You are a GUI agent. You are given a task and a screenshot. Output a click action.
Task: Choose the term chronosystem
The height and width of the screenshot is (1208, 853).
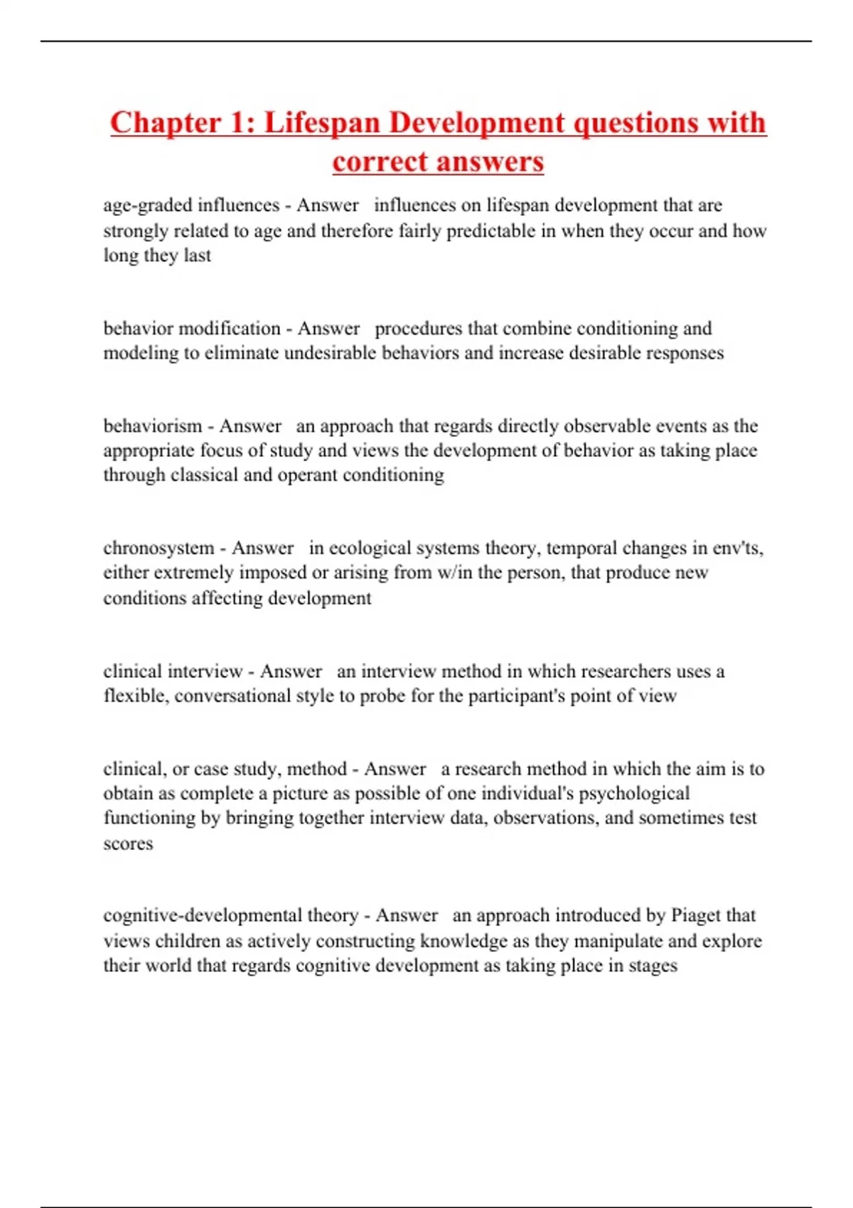coord(159,548)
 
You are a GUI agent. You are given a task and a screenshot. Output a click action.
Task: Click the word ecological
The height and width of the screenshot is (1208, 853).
coord(372,548)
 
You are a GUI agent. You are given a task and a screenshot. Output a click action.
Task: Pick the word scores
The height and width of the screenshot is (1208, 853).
coord(128,843)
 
